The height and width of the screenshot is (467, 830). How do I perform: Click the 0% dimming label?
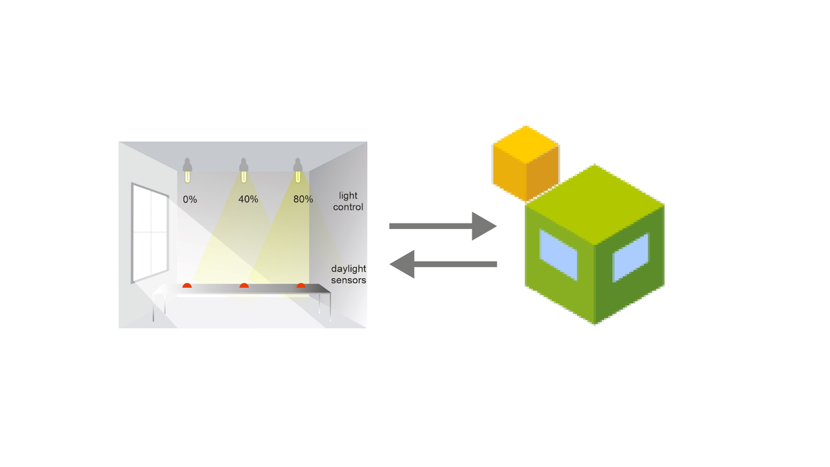click(190, 199)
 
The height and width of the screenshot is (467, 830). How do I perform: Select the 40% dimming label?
click(248, 199)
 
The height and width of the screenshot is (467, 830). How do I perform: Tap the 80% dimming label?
click(303, 199)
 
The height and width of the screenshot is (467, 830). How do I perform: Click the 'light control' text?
click(348, 201)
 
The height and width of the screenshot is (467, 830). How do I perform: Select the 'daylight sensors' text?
click(348, 274)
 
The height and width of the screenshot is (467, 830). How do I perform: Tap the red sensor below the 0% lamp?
click(187, 285)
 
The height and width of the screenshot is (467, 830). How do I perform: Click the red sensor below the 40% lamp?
click(243, 285)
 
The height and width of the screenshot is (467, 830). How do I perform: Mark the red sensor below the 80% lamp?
click(301, 285)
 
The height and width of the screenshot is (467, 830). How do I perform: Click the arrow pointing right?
click(443, 226)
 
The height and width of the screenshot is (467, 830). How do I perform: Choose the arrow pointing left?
click(443, 264)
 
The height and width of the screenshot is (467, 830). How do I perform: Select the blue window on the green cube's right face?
click(630, 257)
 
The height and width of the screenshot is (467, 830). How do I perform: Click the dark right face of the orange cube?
click(542, 176)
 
